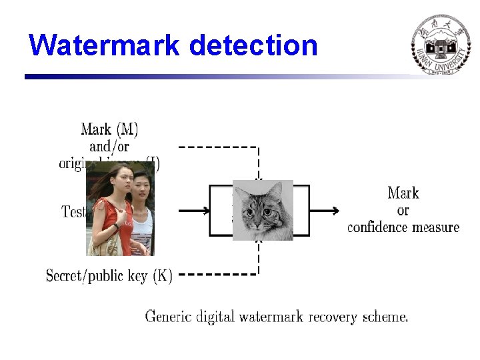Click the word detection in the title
(253, 45)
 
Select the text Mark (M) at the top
(109, 129)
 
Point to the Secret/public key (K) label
(109, 275)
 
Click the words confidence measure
(403, 227)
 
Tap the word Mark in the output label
(403, 193)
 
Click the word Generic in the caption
(173, 316)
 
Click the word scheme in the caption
(385, 316)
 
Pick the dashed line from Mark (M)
(217, 147)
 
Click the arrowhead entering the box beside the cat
(204, 211)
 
